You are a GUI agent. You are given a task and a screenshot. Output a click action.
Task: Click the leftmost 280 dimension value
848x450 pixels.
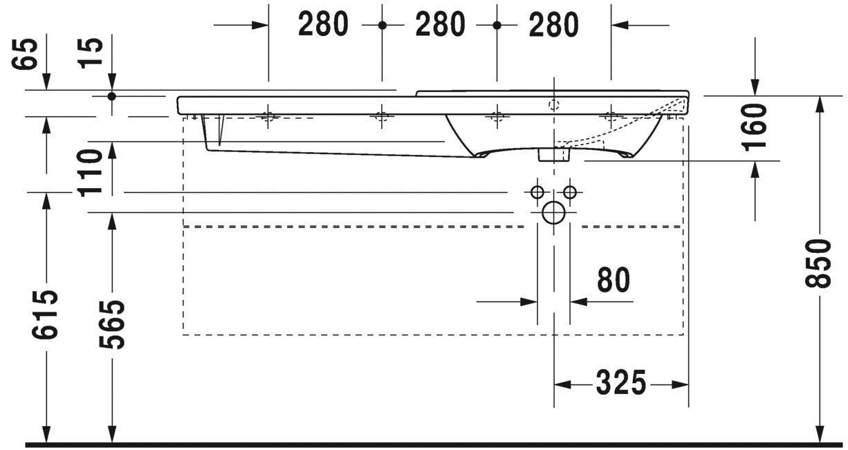pos(323,25)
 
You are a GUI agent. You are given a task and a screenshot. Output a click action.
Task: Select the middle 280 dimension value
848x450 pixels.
pos(440,25)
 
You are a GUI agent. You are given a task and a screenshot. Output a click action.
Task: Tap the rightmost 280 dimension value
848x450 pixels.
pos(553,25)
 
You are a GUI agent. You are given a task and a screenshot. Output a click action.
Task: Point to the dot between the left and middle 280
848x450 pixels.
pos(382,25)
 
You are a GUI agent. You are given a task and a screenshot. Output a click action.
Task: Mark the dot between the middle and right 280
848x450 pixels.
pos(497,25)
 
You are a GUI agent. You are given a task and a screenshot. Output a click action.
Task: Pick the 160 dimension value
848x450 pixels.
pos(755,126)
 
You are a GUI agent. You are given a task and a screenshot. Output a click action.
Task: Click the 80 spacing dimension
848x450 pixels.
pos(613,281)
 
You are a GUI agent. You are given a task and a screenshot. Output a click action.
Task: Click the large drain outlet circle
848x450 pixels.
pos(553,212)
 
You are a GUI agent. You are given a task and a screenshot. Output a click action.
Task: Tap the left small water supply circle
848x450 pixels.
pos(537,191)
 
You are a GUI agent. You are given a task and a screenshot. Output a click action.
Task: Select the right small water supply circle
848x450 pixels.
pos(570,191)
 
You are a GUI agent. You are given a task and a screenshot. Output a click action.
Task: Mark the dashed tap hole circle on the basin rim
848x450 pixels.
pos(553,105)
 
